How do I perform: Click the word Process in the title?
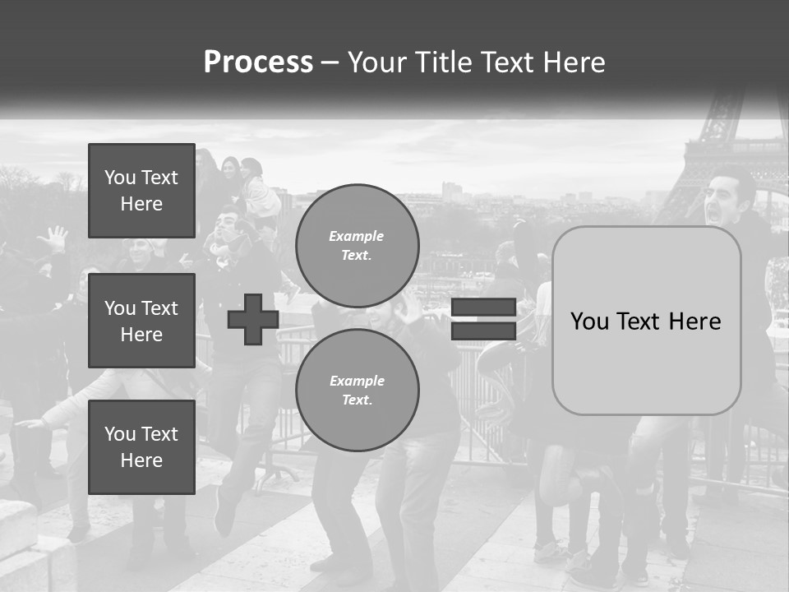point(258,62)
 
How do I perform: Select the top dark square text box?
point(141,191)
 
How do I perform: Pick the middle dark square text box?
point(141,321)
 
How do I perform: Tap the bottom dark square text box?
point(141,446)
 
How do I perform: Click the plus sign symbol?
point(252,319)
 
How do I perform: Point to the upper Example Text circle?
point(357,245)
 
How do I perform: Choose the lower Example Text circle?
point(357,390)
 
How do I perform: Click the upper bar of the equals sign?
point(483,308)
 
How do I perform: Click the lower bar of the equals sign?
point(483,331)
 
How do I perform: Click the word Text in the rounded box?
point(644,321)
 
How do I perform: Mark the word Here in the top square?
point(141,204)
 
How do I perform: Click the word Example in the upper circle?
point(357,236)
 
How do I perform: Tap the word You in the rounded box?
point(589,321)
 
